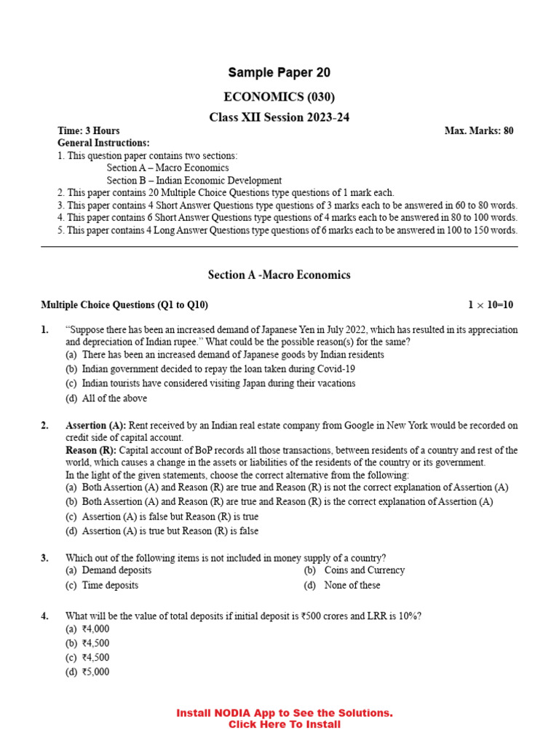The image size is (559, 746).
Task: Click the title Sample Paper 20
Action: (x=279, y=72)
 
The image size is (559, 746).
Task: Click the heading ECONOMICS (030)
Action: (x=279, y=97)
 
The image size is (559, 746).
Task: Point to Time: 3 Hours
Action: (x=89, y=130)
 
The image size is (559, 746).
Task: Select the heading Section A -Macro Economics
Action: (x=279, y=275)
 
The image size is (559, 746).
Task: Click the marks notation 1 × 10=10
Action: (x=491, y=305)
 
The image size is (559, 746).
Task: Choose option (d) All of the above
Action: (x=106, y=398)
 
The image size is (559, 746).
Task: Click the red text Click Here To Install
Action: (x=284, y=724)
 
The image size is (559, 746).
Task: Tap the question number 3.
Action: (x=44, y=558)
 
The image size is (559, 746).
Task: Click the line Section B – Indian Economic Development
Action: (x=194, y=180)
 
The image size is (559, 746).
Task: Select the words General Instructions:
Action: (x=103, y=143)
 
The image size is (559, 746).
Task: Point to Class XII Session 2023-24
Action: (x=279, y=117)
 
